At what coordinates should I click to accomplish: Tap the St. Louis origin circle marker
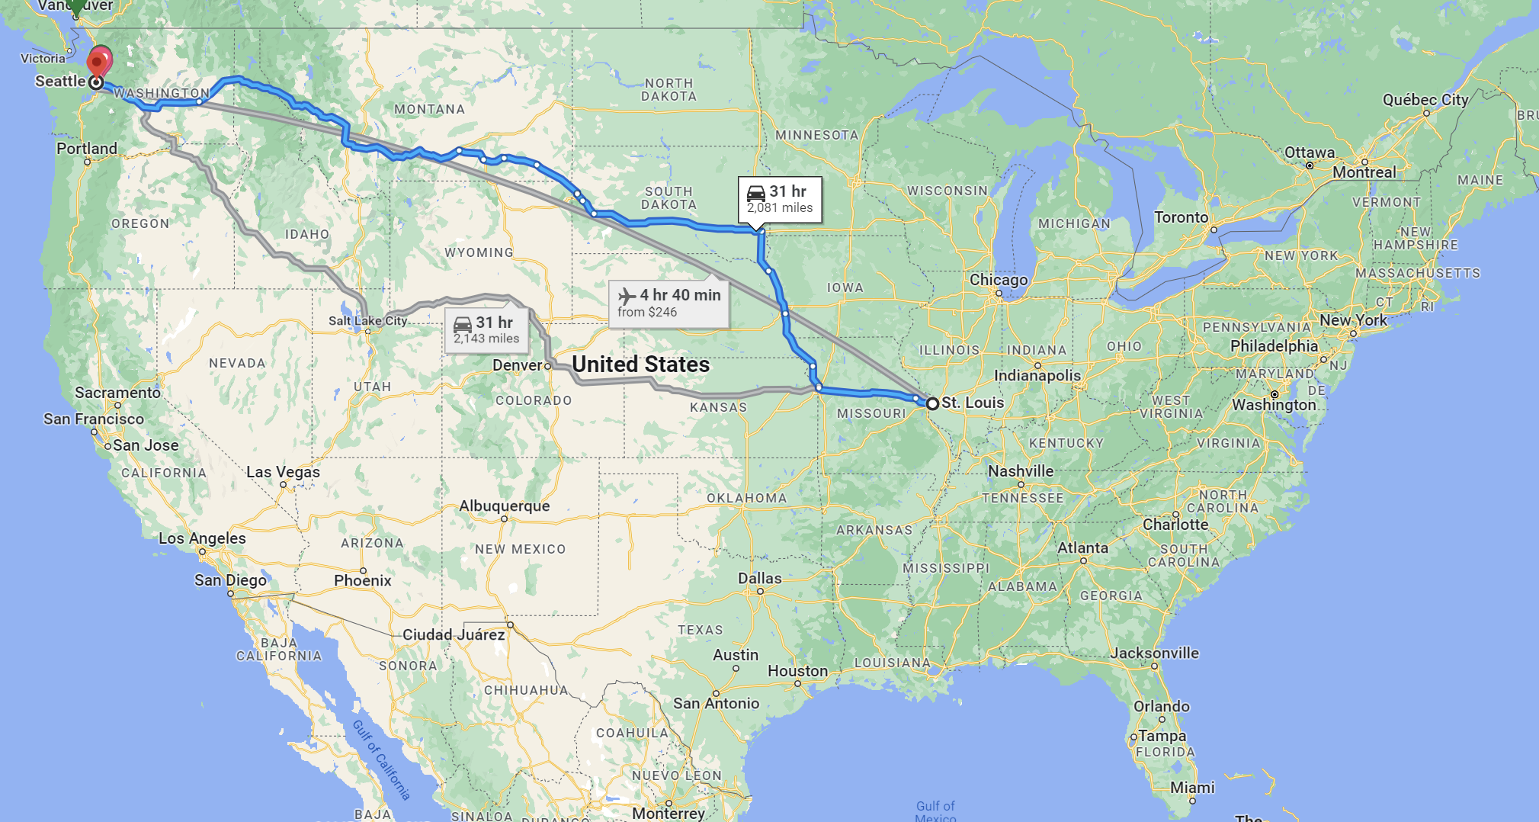(932, 403)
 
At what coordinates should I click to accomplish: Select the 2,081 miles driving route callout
(780, 200)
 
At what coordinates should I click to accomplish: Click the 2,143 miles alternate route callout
(486, 330)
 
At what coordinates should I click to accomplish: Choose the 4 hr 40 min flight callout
(669, 303)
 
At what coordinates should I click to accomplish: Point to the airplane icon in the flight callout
(627, 295)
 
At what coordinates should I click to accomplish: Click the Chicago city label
(998, 280)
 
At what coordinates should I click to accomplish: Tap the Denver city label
(517, 365)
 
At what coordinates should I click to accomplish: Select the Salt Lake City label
(367, 321)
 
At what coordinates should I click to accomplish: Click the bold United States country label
(640, 364)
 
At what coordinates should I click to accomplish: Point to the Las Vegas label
(283, 472)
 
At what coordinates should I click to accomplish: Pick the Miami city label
(1191, 788)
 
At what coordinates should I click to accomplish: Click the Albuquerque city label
(504, 506)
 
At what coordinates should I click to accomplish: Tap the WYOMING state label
(479, 252)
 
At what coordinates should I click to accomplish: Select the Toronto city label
(1181, 217)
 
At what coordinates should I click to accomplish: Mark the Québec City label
(1425, 100)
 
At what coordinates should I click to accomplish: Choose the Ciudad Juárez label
(453, 634)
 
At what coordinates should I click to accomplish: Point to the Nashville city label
(1020, 471)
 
